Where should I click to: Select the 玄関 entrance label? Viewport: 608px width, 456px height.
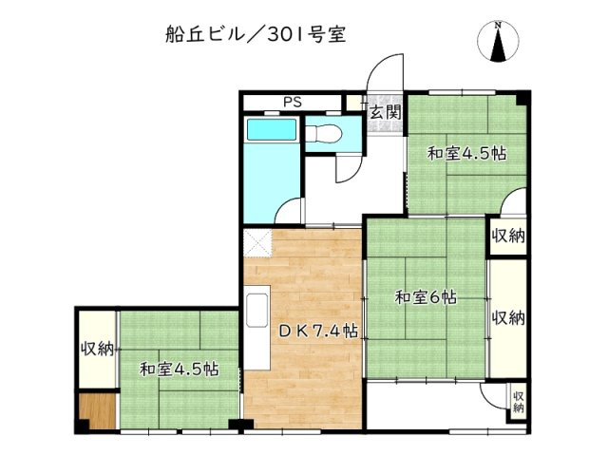(385, 111)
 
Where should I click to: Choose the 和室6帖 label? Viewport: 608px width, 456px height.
(426, 297)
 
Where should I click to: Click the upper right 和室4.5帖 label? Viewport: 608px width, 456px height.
(465, 153)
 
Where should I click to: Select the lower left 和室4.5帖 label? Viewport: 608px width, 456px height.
(180, 369)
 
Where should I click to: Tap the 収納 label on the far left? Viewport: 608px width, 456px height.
(97, 349)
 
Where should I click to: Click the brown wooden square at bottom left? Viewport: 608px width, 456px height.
(97, 408)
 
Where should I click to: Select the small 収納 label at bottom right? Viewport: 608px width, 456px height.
(519, 402)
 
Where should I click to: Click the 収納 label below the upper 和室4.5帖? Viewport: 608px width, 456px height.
(508, 235)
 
